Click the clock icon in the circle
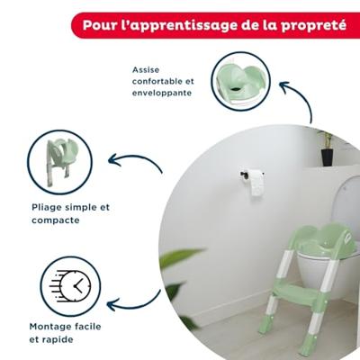[x=70, y=286]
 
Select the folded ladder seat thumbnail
[x=59, y=161]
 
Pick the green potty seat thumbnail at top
[x=240, y=80]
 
